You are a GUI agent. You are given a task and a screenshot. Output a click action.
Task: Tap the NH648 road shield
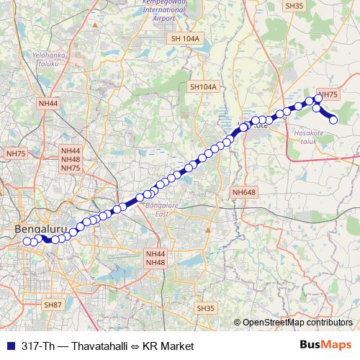pos(244,192)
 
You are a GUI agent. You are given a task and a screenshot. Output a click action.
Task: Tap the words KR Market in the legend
pos(168,346)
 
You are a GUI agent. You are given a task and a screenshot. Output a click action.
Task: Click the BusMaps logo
pos(325,345)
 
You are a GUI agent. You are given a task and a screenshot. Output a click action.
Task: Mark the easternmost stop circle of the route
pos(333,120)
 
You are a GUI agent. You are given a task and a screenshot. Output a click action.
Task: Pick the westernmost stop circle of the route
pos(27,241)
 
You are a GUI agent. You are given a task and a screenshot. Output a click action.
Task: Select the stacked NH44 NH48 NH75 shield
pos(71,159)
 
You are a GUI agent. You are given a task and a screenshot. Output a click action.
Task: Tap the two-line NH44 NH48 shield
pos(155,258)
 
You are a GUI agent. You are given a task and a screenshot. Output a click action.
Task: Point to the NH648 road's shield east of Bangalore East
pos(244,192)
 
